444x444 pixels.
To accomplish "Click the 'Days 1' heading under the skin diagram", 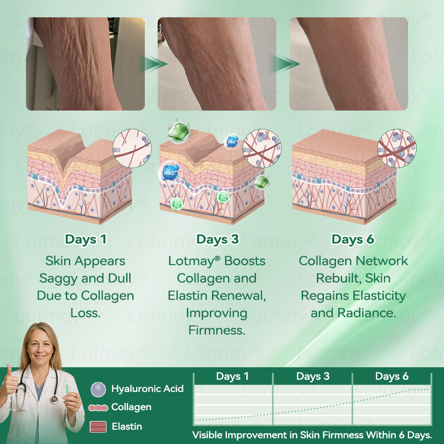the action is [85, 239].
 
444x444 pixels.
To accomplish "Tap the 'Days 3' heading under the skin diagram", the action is [218, 239].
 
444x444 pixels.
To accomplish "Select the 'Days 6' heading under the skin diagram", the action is [353, 239].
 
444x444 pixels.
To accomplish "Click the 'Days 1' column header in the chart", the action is [232, 376].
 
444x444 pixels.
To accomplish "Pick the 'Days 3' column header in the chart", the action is [313, 376].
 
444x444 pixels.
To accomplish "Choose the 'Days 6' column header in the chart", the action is [392, 376].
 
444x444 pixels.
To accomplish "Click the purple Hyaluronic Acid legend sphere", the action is [98, 389].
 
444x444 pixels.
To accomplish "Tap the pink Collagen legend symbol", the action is [98, 408].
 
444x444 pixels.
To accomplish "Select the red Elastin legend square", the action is [98, 427].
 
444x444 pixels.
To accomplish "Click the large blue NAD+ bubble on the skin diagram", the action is [170, 173].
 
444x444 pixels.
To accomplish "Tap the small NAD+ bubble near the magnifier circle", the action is [232, 141].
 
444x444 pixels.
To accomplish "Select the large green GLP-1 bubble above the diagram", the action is [178, 131].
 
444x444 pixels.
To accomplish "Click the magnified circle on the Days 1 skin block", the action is [132, 148].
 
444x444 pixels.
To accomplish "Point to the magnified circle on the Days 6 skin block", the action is [397, 148].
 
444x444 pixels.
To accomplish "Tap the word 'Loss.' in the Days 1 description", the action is [85, 313].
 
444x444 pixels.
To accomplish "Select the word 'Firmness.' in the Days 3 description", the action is [217, 330].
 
